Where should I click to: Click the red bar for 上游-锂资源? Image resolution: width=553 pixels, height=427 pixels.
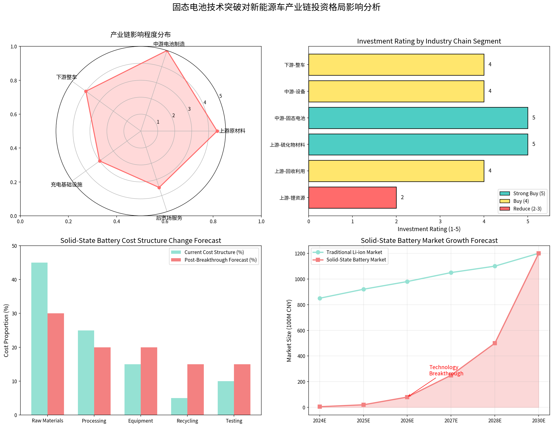pos(352,198)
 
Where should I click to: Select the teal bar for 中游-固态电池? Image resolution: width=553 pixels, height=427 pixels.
pos(418,118)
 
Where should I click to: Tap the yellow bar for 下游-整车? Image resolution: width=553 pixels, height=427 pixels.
pos(396,65)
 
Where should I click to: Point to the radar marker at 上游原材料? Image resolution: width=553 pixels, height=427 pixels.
pos(217,131)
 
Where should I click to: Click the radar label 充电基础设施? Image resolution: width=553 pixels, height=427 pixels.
pos(66,185)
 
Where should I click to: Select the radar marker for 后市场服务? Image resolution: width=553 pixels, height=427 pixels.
pos(159,188)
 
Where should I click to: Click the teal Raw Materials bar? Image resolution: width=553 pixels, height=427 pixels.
pos(39,339)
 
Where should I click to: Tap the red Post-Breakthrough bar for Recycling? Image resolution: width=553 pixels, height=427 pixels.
pos(195,389)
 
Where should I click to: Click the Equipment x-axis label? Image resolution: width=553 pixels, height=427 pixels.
pos(141,421)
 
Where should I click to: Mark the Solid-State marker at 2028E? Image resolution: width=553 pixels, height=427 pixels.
pos(495,343)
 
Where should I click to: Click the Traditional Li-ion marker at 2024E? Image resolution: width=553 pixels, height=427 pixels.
pos(320,298)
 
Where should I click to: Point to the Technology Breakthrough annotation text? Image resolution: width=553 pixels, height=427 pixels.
pos(446,370)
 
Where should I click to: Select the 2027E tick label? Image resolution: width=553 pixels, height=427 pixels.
pos(451,421)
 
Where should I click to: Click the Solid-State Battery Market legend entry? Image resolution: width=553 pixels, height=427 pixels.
pos(356,260)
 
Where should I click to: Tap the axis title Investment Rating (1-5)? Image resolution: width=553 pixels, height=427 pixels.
pos(429,229)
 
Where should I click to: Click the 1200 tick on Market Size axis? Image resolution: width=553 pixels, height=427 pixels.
pos(300,254)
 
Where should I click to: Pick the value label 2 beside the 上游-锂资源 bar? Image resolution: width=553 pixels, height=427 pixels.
pos(402,198)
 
